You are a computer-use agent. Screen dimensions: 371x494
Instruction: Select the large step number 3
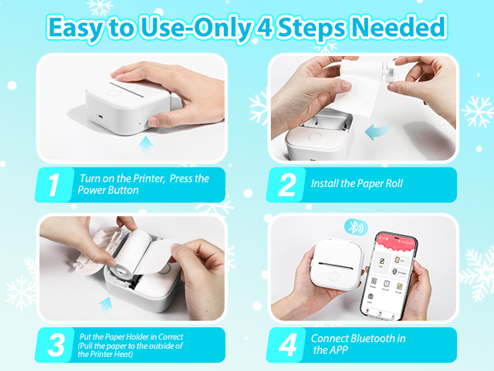pos(54,345)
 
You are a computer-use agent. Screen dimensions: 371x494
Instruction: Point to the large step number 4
pos(287,345)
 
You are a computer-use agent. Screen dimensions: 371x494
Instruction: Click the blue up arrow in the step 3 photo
pos(105,308)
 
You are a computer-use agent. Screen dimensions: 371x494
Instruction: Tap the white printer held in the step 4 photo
pos(334,268)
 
